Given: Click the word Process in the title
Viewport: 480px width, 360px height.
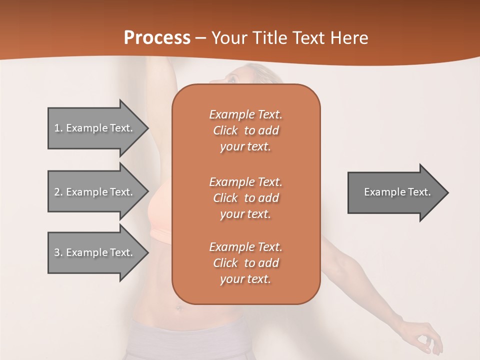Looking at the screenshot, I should click(157, 38).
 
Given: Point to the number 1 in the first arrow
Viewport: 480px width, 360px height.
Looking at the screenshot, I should click(57, 128).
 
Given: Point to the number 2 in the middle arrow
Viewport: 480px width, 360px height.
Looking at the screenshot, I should click(57, 192).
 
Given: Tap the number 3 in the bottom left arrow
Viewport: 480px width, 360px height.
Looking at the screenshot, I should click(57, 252).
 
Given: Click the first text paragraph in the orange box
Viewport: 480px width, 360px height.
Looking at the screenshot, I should click(245, 130).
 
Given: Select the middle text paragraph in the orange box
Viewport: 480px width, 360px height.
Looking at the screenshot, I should click(245, 198).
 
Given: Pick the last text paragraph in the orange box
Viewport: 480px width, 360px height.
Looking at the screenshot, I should click(245, 263).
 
